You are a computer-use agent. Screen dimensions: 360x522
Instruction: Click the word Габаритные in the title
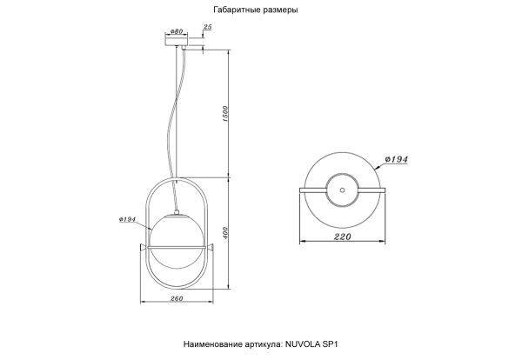[x=233, y=11]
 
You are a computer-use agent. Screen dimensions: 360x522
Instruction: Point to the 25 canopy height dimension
[x=206, y=28]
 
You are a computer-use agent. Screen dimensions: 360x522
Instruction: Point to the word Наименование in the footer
[x=216, y=345]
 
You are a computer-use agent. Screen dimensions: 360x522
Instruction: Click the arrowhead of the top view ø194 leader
[x=371, y=165]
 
